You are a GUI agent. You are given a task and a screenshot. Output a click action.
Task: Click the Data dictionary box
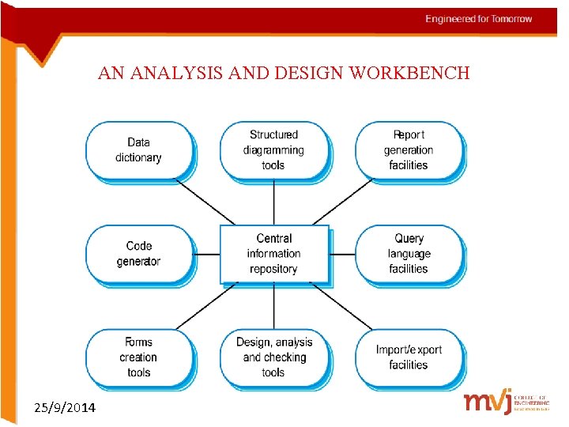(x=138, y=150)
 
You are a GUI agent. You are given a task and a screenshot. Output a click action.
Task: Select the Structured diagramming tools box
(x=273, y=150)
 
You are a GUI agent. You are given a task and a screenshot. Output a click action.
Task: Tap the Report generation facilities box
(x=409, y=150)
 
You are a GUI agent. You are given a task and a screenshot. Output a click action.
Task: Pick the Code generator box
(x=138, y=254)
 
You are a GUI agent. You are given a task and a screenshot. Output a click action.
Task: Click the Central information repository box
(x=273, y=254)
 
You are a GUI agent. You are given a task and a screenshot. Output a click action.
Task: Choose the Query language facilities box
(x=409, y=254)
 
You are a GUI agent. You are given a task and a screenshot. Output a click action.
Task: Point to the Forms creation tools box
(x=138, y=357)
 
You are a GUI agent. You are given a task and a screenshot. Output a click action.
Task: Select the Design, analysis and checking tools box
(x=273, y=357)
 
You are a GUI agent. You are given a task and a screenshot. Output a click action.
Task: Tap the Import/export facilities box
(x=409, y=357)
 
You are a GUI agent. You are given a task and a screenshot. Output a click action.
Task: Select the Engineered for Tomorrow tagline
(x=478, y=19)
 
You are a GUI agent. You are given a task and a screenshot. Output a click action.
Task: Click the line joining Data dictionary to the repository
(x=205, y=202)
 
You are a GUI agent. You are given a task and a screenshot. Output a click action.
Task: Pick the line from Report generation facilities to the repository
(x=342, y=202)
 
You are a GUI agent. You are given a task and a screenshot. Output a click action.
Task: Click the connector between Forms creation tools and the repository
(x=206, y=305)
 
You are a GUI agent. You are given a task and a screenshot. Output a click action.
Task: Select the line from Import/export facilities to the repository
(x=341, y=305)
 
